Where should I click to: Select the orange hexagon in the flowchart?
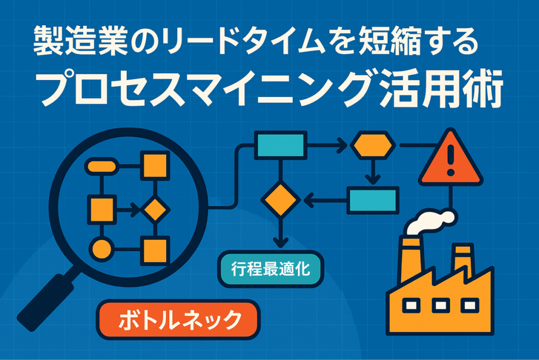coord(373,145)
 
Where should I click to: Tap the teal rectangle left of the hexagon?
coord(281,145)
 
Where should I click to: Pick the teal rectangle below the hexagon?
coord(373,201)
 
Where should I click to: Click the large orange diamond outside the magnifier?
coord(281,200)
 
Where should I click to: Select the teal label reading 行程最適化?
coord(271,269)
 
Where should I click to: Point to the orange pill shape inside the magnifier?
coord(102,167)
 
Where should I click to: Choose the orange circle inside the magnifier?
coord(102,249)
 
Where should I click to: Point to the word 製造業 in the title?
coord(81,41)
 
